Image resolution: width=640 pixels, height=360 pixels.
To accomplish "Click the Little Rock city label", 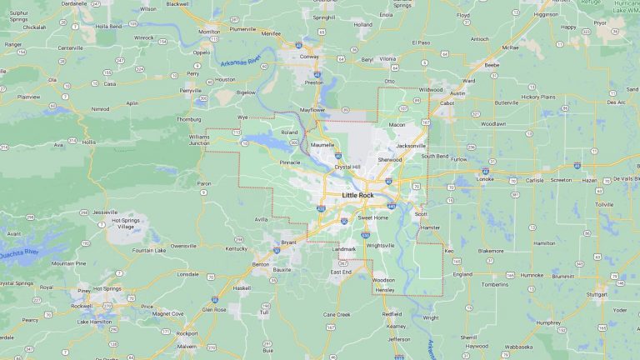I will pyautogui.click(x=357, y=195).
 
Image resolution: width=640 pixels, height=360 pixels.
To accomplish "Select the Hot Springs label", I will pyautogui.click(x=107, y=288).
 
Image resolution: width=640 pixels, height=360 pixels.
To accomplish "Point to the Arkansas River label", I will pyautogui.click(x=242, y=63).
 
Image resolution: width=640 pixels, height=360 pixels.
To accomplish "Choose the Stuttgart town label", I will pyautogui.click(x=597, y=294).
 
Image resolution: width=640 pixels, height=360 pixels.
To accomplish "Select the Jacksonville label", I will pyautogui.click(x=411, y=146).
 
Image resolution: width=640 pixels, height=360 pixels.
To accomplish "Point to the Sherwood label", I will pyautogui.click(x=389, y=159).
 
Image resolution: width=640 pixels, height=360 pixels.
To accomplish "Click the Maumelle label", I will pyautogui.click(x=322, y=144).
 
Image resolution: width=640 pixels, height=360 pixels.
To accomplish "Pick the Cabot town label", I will pyautogui.click(x=447, y=103).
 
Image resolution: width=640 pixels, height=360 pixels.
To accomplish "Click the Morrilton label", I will pyautogui.click(x=209, y=32).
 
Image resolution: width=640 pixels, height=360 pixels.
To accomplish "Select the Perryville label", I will pyautogui.click(x=191, y=90).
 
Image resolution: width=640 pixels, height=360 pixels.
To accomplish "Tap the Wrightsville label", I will pyautogui.click(x=380, y=245).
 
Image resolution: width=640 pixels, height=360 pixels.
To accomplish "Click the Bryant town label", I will pyautogui.click(x=288, y=242).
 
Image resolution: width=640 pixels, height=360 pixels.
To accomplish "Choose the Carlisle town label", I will pyautogui.click(x=534, y=179).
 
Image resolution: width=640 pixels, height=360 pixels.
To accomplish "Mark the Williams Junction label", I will pyautogui.click(x=199, y=139).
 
